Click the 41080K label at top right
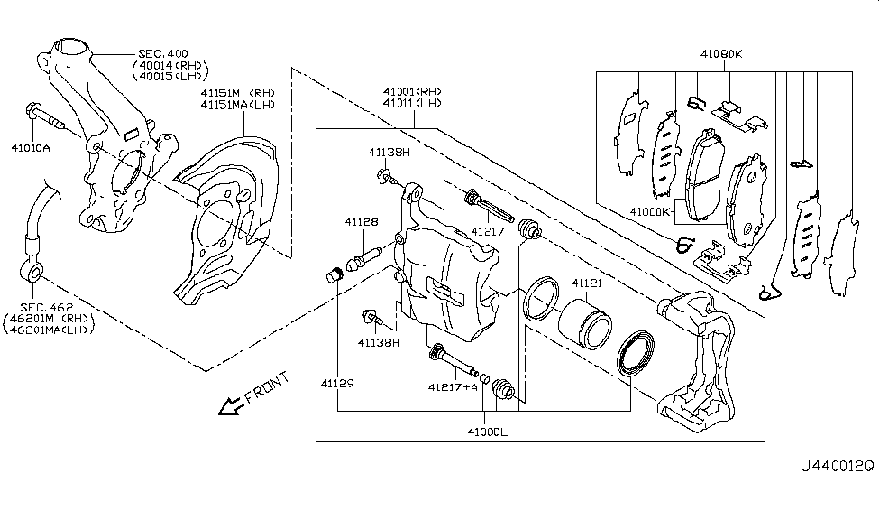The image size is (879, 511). pos(720,54)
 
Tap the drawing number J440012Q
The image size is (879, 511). pos(838,468)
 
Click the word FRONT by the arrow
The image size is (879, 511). pos(268,386)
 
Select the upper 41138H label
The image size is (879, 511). pos(389,153)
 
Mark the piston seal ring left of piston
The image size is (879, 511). pos(539,299)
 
